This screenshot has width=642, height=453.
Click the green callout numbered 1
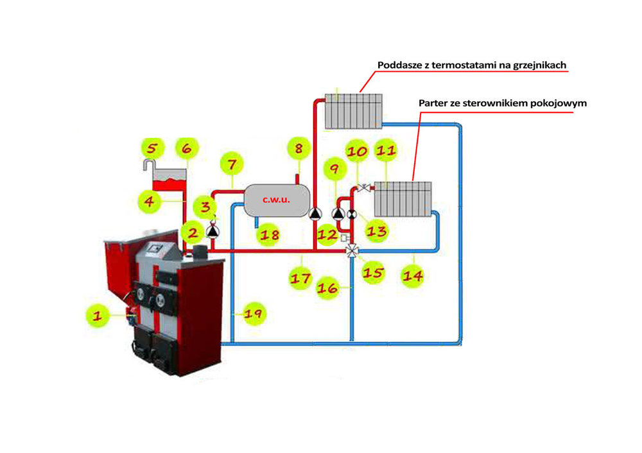point(98,315)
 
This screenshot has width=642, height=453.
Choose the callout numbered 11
point(385,151)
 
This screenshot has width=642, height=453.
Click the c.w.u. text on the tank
point(276,200)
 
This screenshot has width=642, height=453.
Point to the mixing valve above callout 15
point(351,250)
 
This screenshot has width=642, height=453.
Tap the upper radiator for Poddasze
point(353,110)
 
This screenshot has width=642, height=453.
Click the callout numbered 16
point(327,289)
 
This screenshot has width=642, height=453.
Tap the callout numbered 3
point(205,207)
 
